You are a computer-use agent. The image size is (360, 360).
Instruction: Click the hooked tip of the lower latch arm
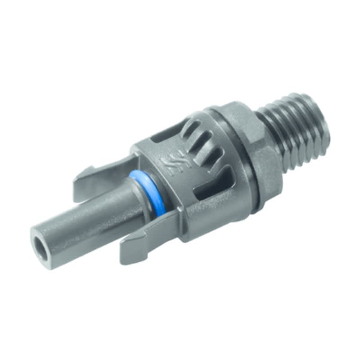pos(127,255)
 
